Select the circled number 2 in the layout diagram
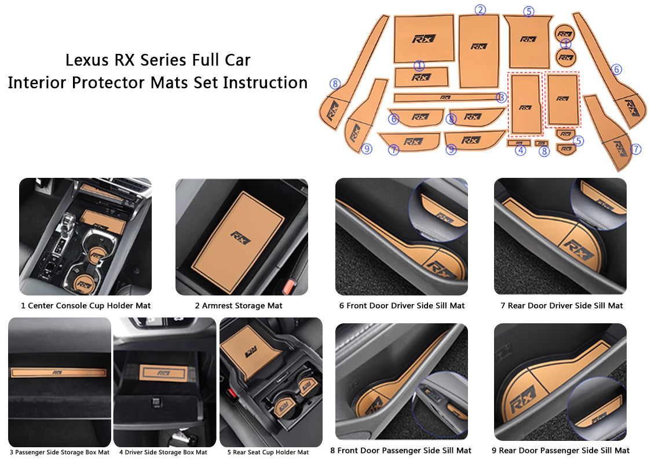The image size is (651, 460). (x=480, y=9)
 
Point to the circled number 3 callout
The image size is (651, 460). (x=502, y=97)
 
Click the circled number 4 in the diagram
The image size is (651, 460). (x=521, y=151)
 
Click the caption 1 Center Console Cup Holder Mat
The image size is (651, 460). (x=85, y=305)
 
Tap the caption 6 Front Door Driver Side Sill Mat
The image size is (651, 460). (x=402, y=305)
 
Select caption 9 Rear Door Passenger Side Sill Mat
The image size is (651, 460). (x=560, y=450)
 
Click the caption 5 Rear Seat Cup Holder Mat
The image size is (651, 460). (x=270, y=452)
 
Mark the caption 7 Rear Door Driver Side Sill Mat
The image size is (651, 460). (x=562, y=305)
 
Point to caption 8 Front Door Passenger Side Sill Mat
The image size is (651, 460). (x=401, y=450)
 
